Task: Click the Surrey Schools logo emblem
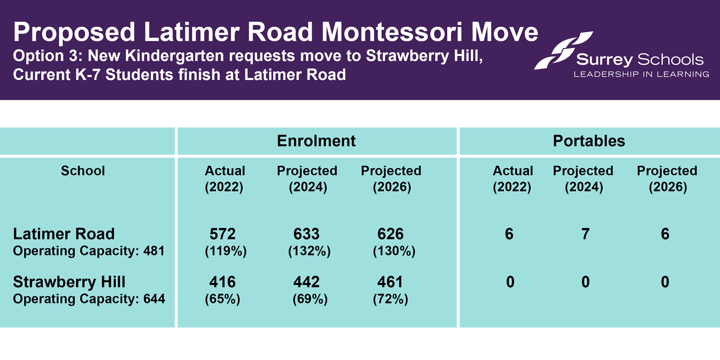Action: tap(562, 50)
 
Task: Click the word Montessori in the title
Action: tap(391, 32)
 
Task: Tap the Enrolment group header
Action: tap(316, 141)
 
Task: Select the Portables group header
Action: tap(589, 141)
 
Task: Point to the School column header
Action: tap(83, 171)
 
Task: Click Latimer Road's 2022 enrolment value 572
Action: tap(222, 234)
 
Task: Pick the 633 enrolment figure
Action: tap(306, 234)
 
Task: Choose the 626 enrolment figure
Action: tap(391, 234)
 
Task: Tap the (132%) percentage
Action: tap(310, 251)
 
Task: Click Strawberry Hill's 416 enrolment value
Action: tap(222, 282)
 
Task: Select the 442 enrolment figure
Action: tap(306, 282)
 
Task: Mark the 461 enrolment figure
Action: tap(391, 282)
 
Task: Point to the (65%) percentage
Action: tap(222, 299)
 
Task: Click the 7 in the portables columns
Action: tap(585, 234)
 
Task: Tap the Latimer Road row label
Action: tap(64, 234)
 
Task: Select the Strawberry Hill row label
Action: tap(69, 282)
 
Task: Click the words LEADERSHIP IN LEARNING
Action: tap(641, 74)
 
